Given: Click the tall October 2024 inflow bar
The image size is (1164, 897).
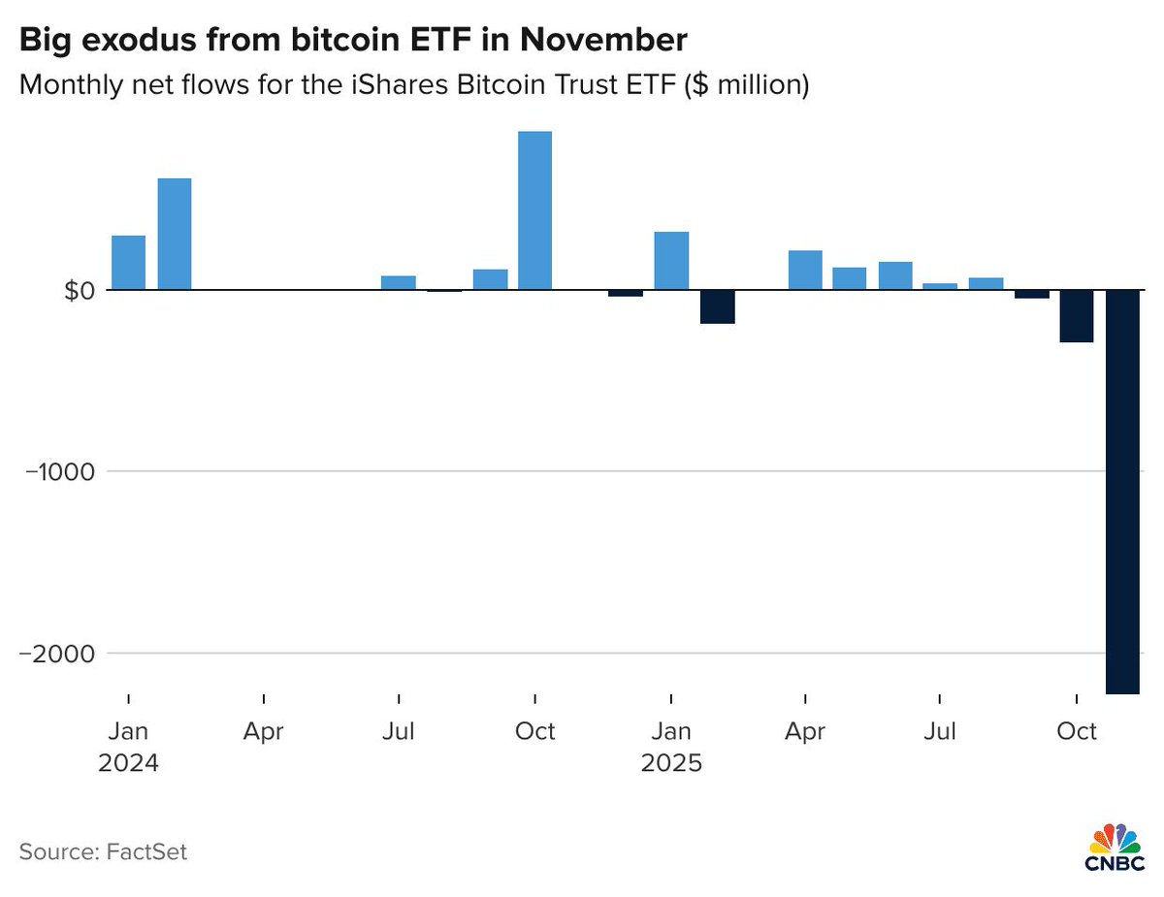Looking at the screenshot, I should (x=534, y=210).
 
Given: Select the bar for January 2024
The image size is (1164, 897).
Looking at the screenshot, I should (x=128, y=263).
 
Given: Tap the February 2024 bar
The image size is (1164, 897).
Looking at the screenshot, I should (x=174, y=235).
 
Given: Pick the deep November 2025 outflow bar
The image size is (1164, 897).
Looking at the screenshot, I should (x=1122, y=492).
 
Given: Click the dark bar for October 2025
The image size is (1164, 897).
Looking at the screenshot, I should (x=1076, y=316).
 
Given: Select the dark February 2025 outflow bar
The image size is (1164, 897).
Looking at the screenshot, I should (x=717, y=306).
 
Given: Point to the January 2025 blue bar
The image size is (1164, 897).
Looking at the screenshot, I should (x=671, y=261).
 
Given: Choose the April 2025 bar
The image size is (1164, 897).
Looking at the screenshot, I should (x=805, y=271).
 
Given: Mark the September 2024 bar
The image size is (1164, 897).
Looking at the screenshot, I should (x=490, y=280).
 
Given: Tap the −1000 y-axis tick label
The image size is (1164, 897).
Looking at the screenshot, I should (x=57, y=471).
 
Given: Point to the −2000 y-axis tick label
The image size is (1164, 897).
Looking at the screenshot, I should (x=57, y=653).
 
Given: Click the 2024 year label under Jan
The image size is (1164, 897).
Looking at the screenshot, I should (x=127, y=762).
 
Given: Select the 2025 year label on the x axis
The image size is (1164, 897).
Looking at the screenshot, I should (x=670, y=762).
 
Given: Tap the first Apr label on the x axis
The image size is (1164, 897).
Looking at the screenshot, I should (x=263, y=730).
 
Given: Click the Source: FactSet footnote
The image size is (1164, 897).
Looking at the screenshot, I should (x=102, y=851).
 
